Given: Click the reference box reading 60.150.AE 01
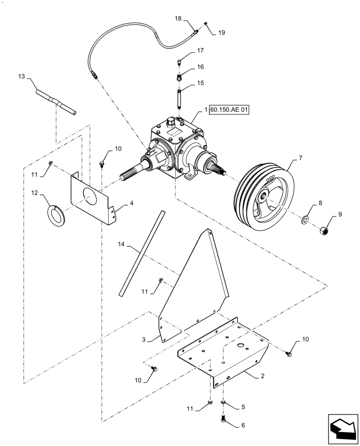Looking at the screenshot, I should (229, 110).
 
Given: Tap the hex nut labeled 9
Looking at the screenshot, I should (324, 231).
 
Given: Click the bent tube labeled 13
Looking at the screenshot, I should (55, 101).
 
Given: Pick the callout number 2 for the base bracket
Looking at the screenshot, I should (263, 376).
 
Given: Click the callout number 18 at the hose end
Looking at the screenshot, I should (178, 19).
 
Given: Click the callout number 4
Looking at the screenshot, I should (132, 203).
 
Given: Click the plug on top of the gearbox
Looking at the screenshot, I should (170, 121).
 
